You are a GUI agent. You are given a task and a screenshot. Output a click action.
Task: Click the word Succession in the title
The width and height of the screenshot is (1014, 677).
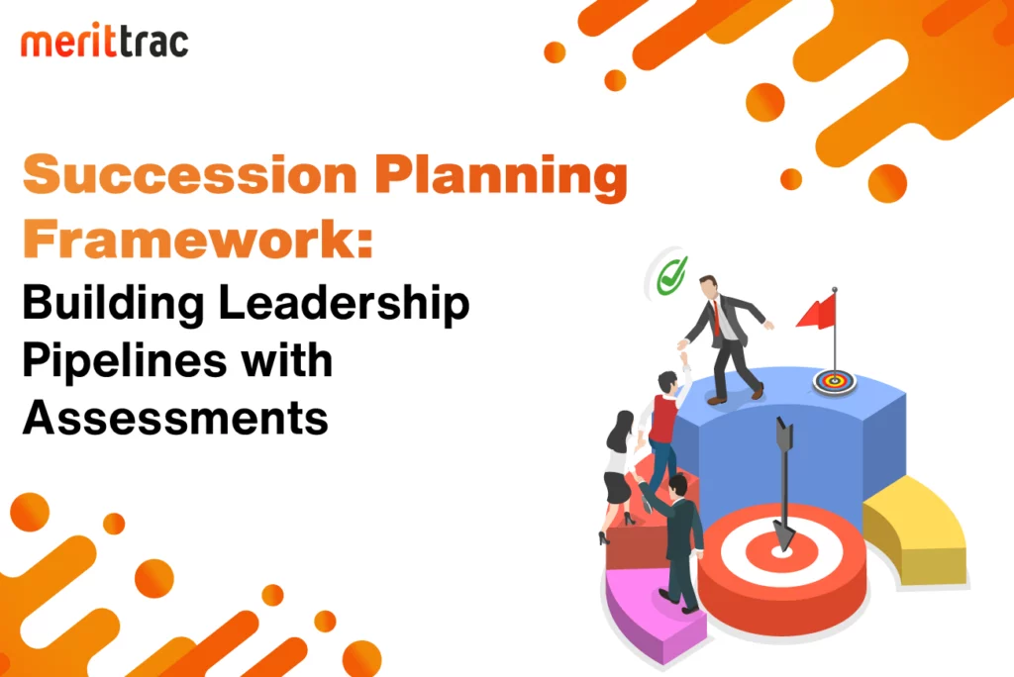coord(190,174)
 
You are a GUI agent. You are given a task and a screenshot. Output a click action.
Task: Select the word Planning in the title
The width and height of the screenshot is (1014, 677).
coord(501,178)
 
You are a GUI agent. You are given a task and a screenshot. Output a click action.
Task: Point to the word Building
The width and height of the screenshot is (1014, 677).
coord(113,303)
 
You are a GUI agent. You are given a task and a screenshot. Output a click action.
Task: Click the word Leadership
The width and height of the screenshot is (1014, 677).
coord(344,303)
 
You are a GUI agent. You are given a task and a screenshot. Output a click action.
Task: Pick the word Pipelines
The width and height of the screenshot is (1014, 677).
coord(124,361)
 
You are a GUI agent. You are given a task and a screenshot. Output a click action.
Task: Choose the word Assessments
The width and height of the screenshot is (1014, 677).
coord(175,417)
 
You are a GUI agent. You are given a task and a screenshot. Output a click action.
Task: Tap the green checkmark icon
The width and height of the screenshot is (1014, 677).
coord(671,276)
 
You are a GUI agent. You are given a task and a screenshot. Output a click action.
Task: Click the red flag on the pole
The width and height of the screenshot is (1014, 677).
coord(817,312)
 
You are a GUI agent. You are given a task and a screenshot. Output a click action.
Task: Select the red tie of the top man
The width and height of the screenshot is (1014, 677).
coord(717,318)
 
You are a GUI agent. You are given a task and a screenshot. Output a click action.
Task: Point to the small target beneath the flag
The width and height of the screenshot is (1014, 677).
coord(834,381)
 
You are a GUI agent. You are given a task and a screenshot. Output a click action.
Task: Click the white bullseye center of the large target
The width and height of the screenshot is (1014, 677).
coord(782,552)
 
